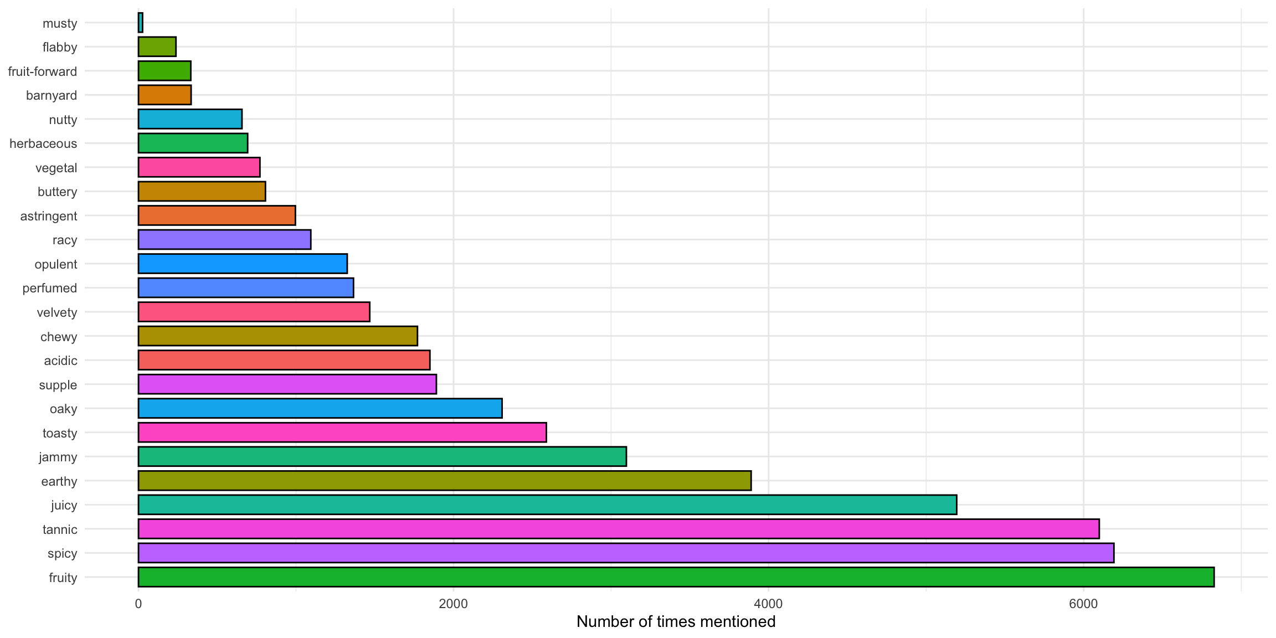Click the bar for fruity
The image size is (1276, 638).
(676, 577)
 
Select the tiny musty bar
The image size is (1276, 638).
(141, 23)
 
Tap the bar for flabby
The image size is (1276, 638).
(157, 47)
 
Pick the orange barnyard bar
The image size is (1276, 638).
(164, 95)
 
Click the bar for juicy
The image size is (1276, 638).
(547, 505)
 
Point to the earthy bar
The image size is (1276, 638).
(444, 481)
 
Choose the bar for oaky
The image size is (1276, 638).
(320, 408)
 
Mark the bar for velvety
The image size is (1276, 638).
(254, 312)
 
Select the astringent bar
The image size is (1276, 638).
(217, 215)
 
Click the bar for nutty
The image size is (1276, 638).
(190, 119)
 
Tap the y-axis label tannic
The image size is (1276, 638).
(60, 529)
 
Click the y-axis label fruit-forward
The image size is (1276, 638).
(43, 71)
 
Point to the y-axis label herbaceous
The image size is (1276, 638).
(43, 143)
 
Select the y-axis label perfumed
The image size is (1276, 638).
(50, 288)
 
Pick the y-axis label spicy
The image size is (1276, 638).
(63, 553)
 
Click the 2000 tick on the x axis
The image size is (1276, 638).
(453, 604)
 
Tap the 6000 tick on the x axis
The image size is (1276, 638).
(1083, 604)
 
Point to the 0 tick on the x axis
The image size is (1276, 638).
(138, 604)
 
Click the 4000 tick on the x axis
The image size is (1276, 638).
(768, 604)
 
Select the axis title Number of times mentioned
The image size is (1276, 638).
(676, 622)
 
